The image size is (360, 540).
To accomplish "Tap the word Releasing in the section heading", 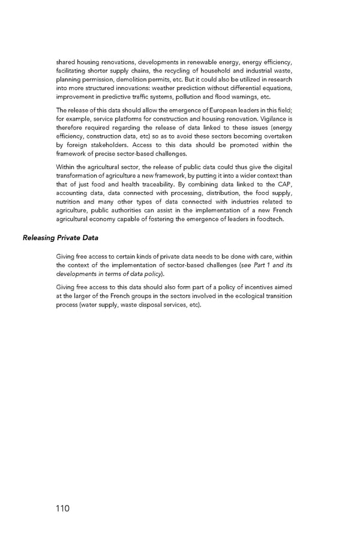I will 39,238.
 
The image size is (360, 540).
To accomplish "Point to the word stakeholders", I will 98,145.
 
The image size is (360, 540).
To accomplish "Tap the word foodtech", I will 270,218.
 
